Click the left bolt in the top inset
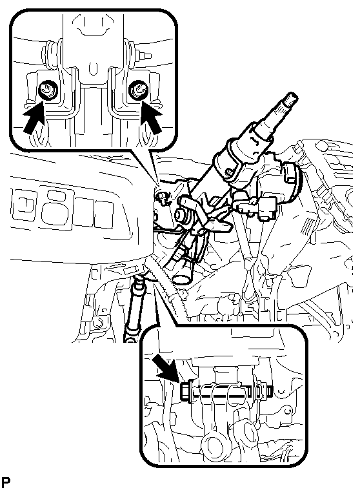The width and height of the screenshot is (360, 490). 47,90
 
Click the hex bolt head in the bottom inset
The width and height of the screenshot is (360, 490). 186,391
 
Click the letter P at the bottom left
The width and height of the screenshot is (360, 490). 6,482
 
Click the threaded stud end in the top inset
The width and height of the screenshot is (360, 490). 146,56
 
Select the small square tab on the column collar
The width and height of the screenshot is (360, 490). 231,171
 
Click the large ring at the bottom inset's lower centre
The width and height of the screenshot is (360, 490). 212,445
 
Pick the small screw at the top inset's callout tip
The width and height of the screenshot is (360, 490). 163,196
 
